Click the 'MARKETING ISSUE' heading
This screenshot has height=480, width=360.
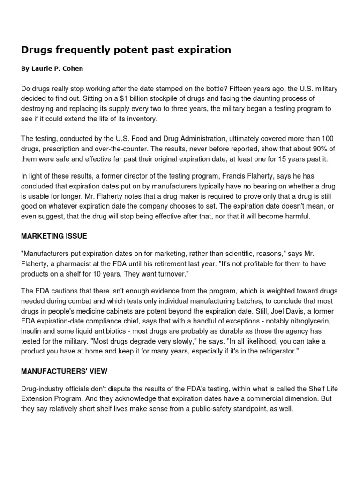click(x=54, y=236)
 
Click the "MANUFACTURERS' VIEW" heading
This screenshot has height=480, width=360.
click(x=64, y=371)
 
